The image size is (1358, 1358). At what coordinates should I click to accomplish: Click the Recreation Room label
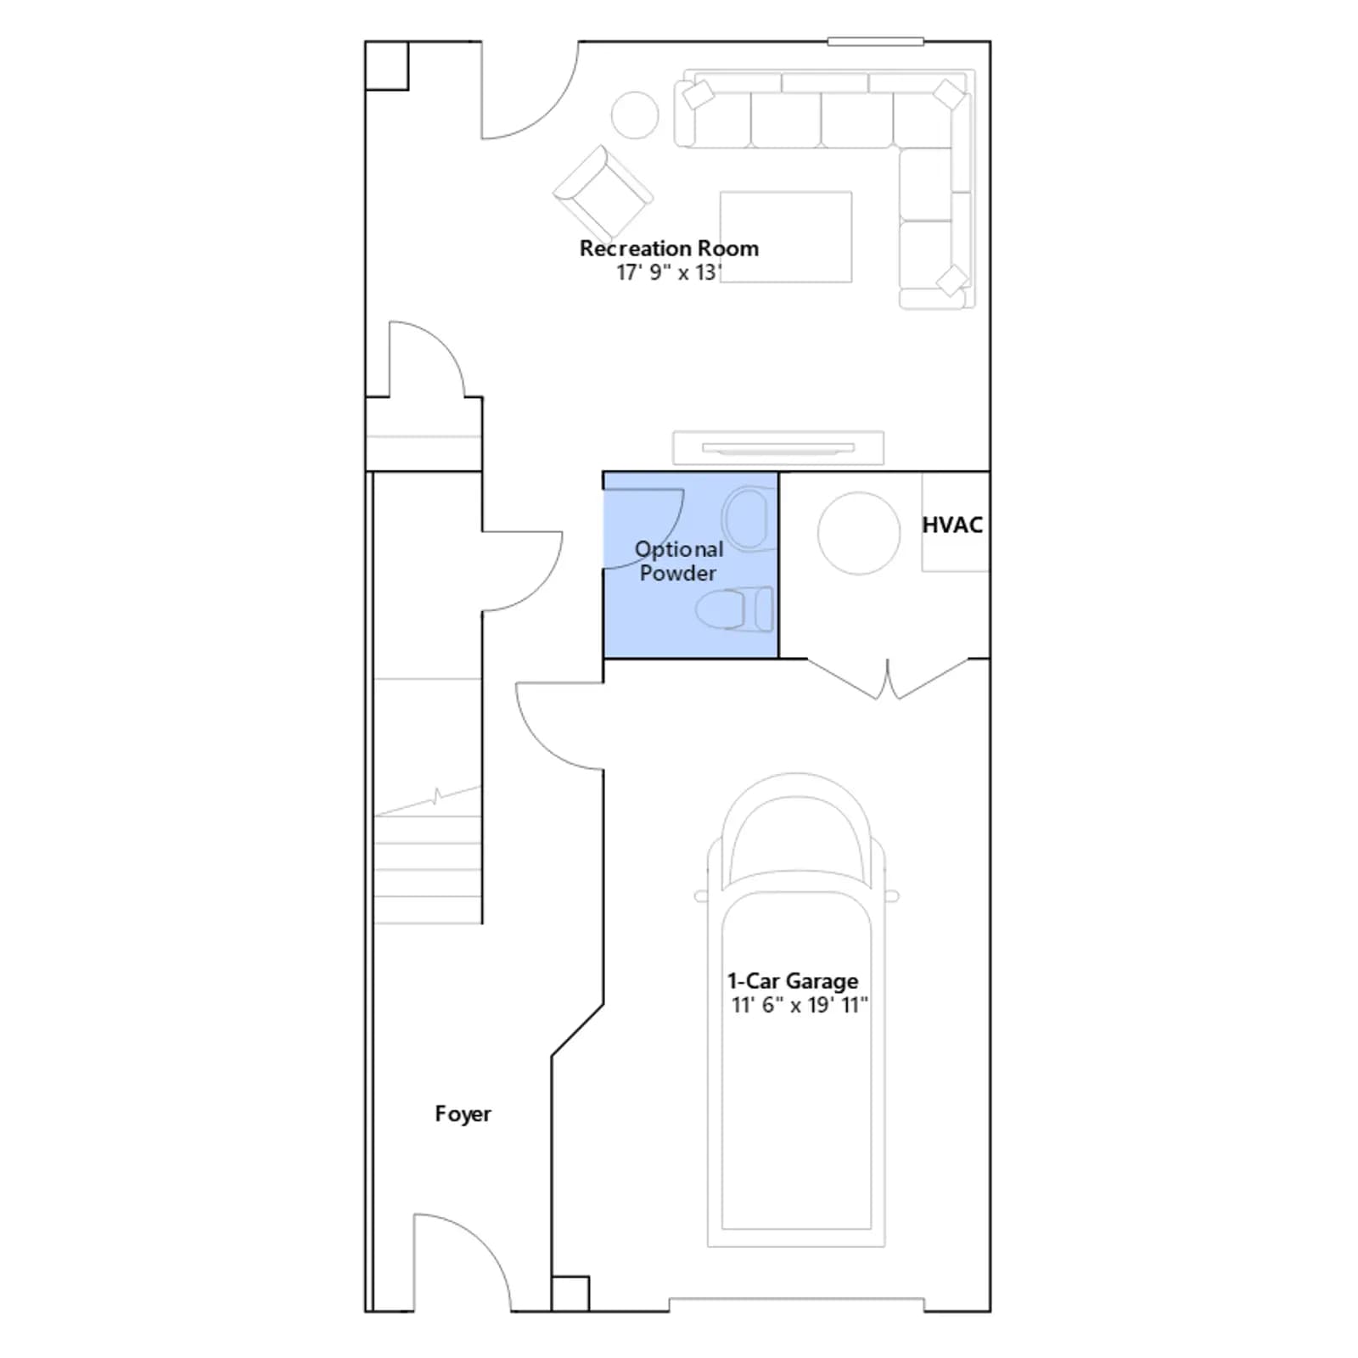click(669, 249)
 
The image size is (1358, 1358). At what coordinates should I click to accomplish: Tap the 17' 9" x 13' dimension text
click(669, 272)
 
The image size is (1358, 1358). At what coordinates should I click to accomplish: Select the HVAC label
click(952, 525)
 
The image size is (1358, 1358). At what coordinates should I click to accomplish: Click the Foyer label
click(463, 1114)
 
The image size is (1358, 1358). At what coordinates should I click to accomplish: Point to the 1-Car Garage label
click(793, 981)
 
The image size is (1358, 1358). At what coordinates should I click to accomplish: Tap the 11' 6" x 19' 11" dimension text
click(800, 1005)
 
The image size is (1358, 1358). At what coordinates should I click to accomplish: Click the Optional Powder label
click(679, 561)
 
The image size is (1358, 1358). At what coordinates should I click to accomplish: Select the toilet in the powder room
click(735, 609)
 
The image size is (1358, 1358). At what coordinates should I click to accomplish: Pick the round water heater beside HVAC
click(859, 533)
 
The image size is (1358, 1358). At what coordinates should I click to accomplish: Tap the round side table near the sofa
click(635, 115)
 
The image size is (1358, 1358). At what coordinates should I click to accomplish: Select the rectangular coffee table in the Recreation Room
click(786, 237)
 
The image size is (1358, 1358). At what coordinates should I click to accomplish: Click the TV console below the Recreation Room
click(778, 448)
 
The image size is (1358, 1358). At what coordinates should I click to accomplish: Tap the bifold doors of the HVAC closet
click(888, 679)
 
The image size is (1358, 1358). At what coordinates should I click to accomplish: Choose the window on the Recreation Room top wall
click(876, 42)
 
